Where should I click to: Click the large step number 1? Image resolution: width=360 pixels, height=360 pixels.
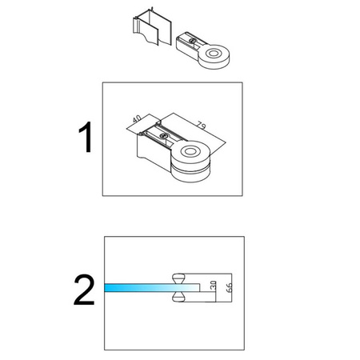86,137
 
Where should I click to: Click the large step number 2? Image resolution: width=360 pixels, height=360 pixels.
84,290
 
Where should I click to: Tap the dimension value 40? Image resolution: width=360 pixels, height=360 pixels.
138,118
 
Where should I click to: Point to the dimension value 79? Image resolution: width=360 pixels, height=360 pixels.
202,125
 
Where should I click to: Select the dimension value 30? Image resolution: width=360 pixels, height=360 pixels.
213,286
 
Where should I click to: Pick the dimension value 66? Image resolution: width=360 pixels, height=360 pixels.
230,287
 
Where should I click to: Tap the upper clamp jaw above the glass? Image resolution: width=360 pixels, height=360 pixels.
178,278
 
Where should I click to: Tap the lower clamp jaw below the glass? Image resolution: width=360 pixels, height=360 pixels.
178,297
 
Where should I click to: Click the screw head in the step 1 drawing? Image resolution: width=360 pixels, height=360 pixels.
163,136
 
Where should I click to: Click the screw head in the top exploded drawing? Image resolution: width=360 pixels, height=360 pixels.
192,41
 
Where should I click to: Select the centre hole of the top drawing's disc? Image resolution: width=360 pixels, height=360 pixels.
214,53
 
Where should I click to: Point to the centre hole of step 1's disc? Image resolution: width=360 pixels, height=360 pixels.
190,152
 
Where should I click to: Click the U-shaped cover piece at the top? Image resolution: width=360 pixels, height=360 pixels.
152,28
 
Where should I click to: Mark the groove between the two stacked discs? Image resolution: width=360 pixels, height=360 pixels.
190,167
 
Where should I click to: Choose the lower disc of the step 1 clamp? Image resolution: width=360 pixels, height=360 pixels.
190,174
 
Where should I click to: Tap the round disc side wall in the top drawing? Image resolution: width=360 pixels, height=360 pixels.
215,63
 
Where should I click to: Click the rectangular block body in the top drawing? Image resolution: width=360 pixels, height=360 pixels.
187,48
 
